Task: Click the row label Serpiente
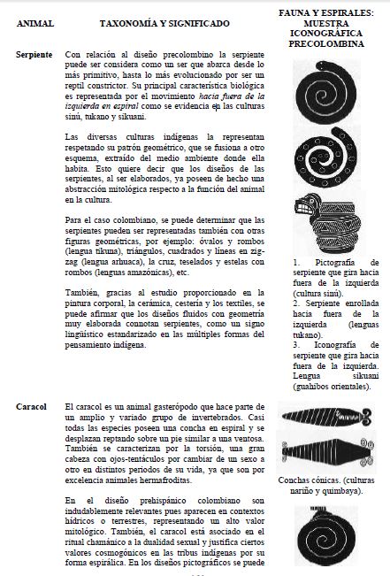(x=34, y=55)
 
